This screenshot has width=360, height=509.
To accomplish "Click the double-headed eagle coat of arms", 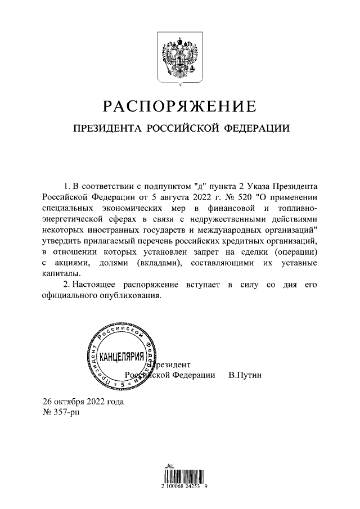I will click(x=179, y=59).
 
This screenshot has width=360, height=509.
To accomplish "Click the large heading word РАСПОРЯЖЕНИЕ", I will click(x=179, y=106).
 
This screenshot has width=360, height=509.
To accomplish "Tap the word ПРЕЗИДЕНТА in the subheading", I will click(x=106, y=129).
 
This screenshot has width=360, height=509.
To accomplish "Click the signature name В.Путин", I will click(x=245, y=375).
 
